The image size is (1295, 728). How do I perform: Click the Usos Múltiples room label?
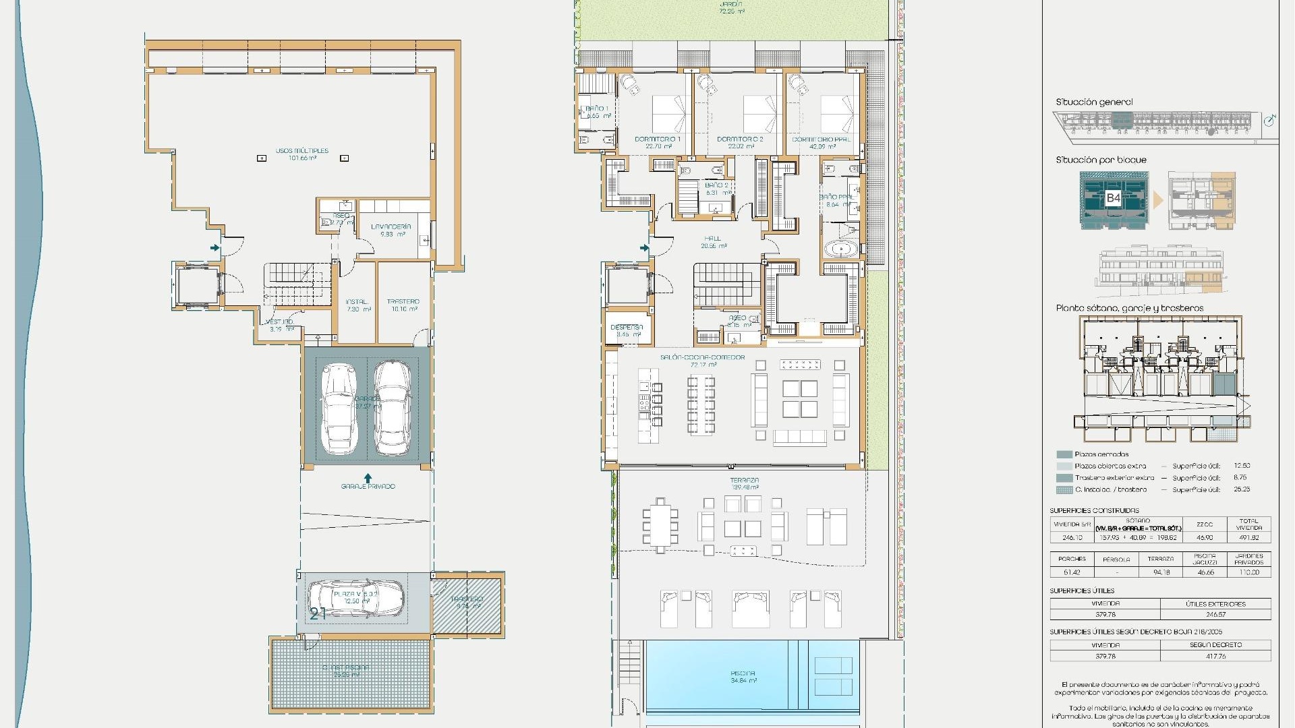(x=301, y=154)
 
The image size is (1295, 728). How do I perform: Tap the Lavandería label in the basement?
(x=391, y=231)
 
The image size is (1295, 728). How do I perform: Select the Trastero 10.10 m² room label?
(x=403, y=305)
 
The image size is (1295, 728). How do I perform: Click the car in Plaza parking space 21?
(x=356, y=598)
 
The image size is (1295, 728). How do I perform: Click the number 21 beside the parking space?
(x=318, y=613)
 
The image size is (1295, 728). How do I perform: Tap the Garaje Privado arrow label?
(x=368, y=483)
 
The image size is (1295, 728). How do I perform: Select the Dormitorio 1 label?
(x=658, y=142)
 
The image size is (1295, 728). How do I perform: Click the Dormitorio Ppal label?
(x=821, y=142)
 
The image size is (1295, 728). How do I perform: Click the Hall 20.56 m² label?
(x=713, y=242)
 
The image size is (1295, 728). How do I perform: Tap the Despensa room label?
(x=627, y=330)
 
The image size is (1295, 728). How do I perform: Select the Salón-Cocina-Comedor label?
(x=703, y=361)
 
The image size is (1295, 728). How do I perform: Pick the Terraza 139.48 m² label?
(x=745, y=483)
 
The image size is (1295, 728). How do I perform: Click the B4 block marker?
(x=1113, y=198)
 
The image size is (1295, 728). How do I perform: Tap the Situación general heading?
(x=1094, y=102)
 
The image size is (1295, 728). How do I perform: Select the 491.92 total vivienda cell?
(x=1248, y=537)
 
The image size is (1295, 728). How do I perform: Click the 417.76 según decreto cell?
(x=1215, y=656)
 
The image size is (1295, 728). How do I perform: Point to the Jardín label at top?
(x=731, y=7)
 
